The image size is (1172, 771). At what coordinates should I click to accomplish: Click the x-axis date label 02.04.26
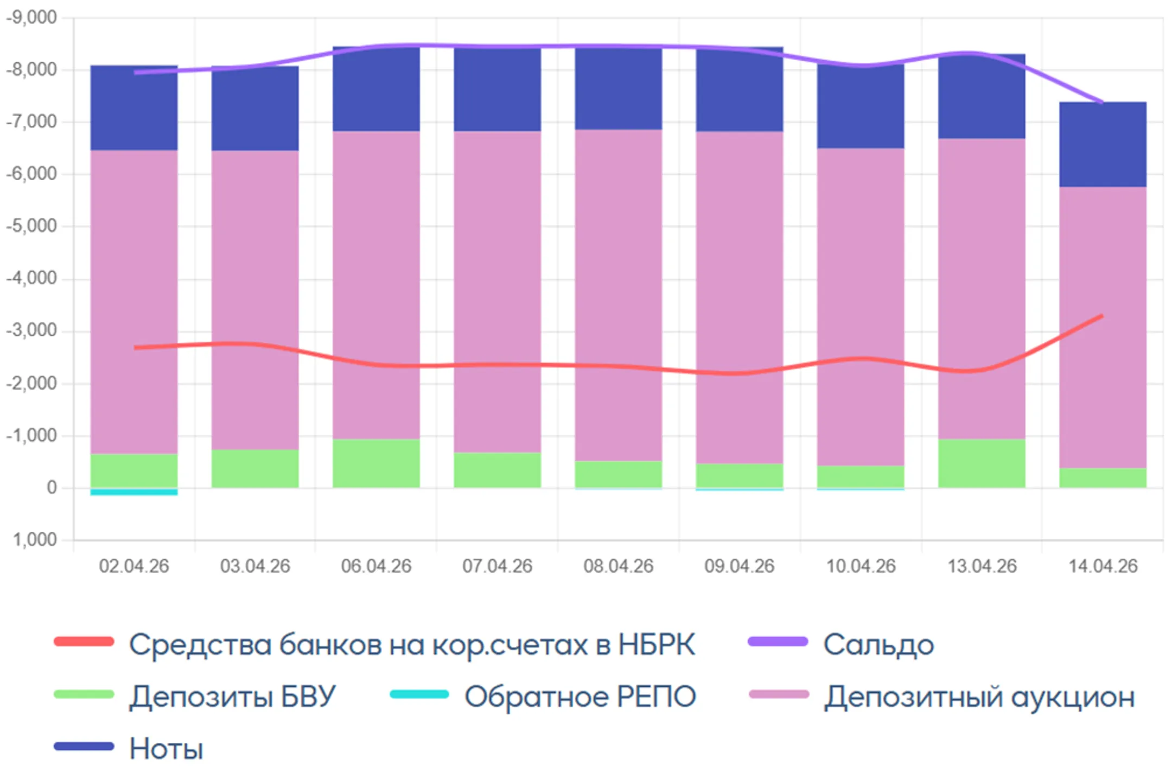tap(134, 566)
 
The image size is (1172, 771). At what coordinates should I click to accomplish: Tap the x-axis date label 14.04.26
tap(1103, 566)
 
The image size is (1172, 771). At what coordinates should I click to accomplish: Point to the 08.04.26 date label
tap(618, 566)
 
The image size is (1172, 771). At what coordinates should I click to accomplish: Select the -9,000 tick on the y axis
tap(31, 17)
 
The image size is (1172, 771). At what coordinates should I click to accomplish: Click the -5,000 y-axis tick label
tap(31, 226)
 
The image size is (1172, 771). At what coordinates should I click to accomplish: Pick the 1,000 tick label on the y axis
tap(35, 539)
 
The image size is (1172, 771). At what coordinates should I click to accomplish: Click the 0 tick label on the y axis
tap(52, 487)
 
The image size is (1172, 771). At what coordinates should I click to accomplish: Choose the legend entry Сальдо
tap(878, 645)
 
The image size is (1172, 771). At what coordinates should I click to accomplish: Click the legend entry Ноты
tap(166, 749)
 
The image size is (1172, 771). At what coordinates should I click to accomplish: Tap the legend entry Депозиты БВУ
tap(232, 697)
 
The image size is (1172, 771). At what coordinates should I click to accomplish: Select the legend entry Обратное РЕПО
tap(579, 697)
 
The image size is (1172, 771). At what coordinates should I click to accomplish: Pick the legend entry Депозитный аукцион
tap(979, 697)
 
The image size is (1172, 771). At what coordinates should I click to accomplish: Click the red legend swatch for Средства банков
tap(84, 642)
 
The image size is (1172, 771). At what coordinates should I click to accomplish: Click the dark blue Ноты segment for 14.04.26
tap(1103, 144)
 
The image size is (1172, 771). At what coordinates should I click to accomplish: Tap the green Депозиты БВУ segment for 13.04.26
tap(982, 463)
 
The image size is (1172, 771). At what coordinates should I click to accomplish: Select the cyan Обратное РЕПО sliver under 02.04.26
tap(134, 492)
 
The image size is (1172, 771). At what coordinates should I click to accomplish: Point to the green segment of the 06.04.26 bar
tap(376, 463)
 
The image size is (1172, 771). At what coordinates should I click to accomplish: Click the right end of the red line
tap(1101, 316)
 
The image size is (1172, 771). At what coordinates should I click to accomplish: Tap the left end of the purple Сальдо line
tap(136, 72)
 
